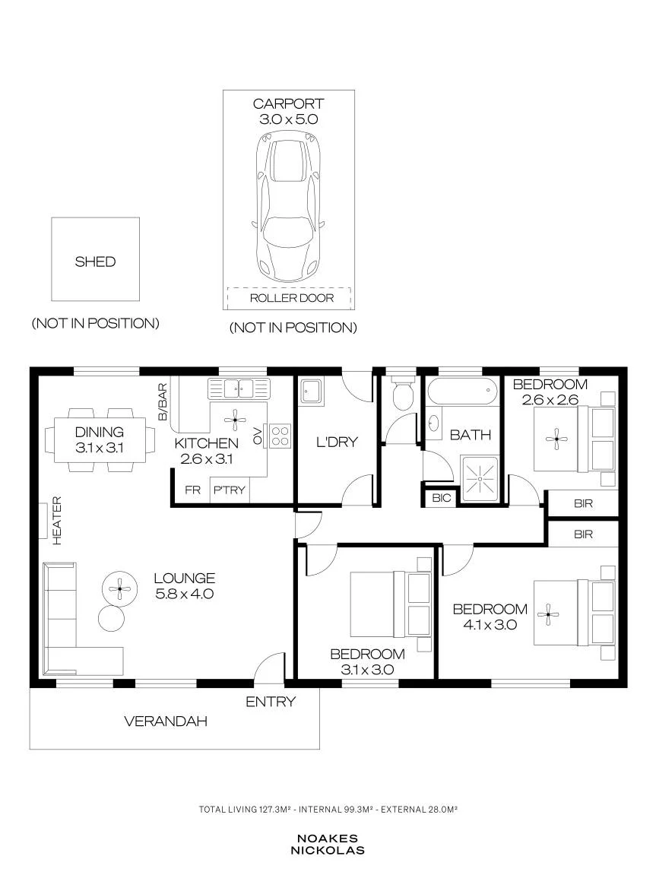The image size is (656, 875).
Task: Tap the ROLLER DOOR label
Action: pos(292,298)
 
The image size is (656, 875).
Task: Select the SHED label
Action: pos(95,262)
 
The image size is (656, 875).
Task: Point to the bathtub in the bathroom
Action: pos(461,392)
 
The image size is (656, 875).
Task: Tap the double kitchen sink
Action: pos(239,388)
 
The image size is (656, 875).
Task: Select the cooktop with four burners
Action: pos(280,436)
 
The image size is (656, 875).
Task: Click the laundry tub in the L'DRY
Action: pos(311,392)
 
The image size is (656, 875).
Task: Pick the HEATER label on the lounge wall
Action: pos(56,520)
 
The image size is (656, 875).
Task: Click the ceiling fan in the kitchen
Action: pos(236,419)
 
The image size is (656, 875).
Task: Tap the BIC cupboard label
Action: pos(441,498)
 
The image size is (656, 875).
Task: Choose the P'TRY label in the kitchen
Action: pos(230,490)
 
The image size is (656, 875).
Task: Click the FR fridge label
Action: pos(192,490)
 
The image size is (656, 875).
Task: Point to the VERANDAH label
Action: pos(166,721)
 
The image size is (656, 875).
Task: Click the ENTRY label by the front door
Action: pos(271,702)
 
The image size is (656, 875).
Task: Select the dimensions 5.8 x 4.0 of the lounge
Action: pos(185,594)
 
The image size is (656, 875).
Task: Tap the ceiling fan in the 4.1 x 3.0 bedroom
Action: pos(548,615)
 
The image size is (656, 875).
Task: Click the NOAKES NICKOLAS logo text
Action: pos(328,845)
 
